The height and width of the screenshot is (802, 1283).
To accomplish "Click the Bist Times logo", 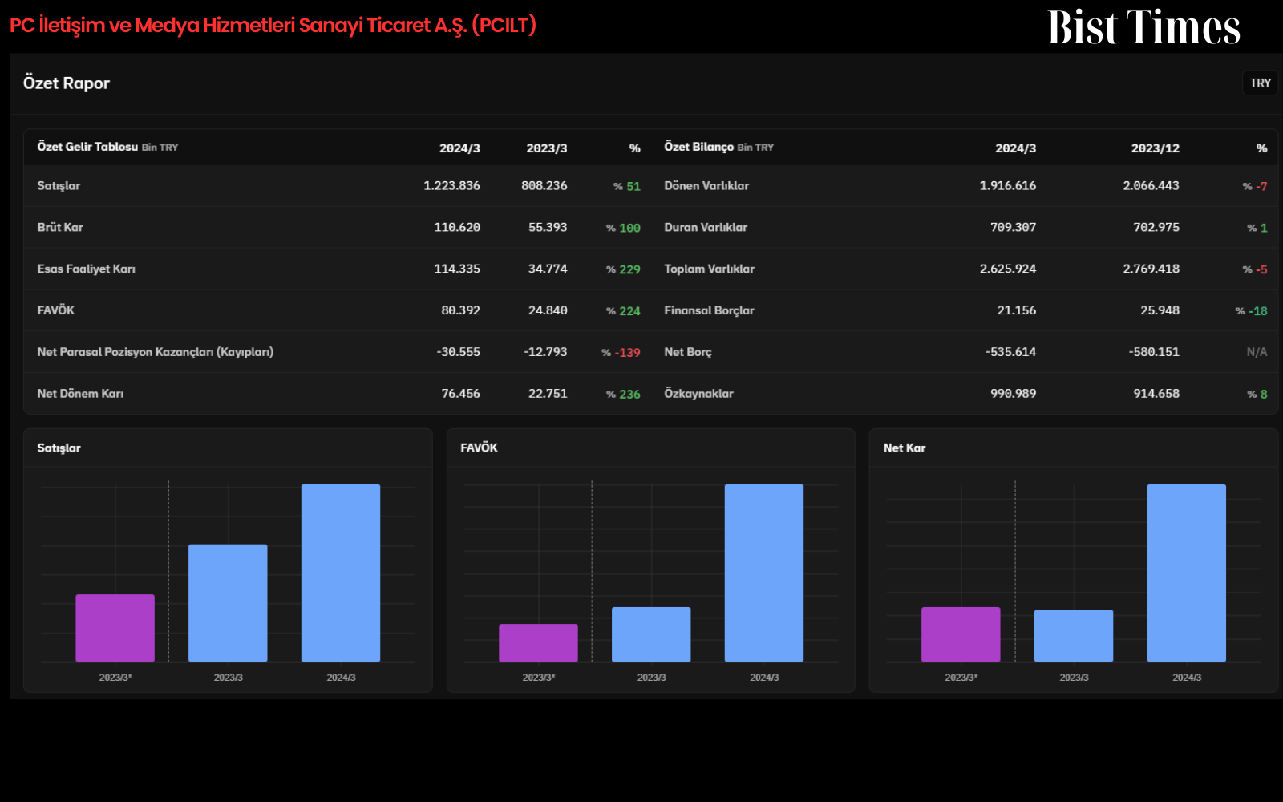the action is (1143, 27).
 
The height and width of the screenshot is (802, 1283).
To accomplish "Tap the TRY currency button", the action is (1260, 83).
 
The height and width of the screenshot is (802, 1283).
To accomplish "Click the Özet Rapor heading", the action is (67, 83).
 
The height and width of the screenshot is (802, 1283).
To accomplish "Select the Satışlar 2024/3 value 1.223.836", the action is (451, 185).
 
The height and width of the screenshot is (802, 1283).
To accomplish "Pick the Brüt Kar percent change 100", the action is (629, 228).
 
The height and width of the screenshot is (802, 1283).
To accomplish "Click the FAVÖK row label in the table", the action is (56, 310).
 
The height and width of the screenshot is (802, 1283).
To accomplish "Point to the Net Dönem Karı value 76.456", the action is (460, 394).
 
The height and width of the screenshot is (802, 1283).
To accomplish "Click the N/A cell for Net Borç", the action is (1257, 352).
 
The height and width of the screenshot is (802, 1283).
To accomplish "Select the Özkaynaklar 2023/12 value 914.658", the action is (1156, 394).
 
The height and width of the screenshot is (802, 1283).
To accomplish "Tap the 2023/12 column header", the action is (1155, 148).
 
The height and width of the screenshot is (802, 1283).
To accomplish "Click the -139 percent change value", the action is (627, 353).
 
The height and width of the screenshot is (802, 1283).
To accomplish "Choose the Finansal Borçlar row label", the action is (709, 310).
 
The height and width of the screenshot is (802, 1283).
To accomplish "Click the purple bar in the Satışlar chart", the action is (115, 629).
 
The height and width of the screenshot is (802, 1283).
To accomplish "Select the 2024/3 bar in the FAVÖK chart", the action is (764, 573).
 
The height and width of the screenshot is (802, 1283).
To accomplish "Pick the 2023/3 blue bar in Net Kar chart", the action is (1074, 636).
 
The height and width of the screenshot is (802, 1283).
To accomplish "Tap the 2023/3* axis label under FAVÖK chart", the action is (538, 678).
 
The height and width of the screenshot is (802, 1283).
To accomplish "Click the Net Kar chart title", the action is (905, 448).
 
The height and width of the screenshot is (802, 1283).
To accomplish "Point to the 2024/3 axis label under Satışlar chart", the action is (341, 678).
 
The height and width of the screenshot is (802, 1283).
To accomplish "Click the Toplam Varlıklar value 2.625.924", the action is (1007, 269).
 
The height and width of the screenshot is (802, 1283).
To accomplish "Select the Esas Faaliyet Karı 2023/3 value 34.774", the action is (548, 269).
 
